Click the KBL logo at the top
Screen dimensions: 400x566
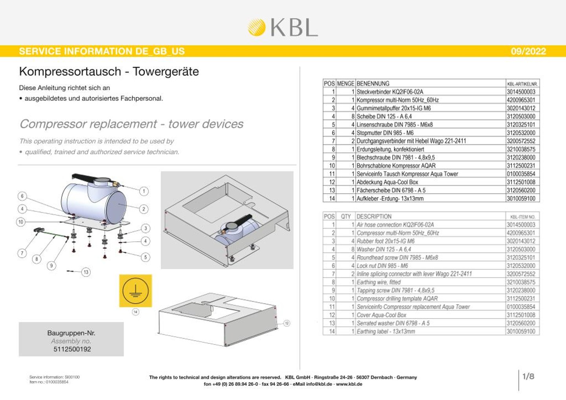click(283, 27)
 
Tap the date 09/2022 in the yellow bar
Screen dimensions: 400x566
click(528, 51)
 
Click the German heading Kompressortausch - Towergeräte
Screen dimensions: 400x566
click(109, 72)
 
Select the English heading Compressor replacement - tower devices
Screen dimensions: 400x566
click(131, 124)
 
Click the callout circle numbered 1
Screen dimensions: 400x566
click(144, 191)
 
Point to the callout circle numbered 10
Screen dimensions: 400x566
click(21, 222)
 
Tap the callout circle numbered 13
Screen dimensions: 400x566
click(86, 272)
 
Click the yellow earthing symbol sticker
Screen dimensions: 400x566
click(136, 291)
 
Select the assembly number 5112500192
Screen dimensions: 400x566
click(72, 349)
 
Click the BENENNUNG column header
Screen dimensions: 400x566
click(373, 84)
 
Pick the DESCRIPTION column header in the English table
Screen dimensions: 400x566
click(374, 217)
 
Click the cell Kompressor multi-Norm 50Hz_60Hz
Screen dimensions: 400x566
click(397, 100)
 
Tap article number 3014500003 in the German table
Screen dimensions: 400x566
click(521, 92)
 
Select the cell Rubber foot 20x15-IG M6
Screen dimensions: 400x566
click(385, 241)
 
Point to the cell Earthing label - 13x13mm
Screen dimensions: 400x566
click(386, 331)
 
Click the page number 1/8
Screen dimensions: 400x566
click(528, 376)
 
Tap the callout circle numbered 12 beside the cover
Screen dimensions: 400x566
click(287, 323)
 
